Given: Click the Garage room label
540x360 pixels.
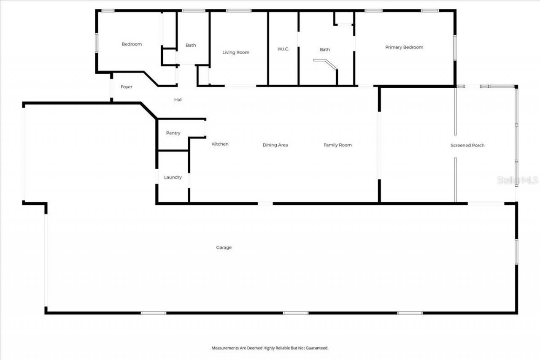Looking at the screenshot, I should point(224,248).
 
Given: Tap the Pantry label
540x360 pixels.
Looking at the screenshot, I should point(173,133).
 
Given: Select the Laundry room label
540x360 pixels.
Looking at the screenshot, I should point(173,177).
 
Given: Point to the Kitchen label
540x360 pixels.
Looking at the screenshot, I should point(220,144).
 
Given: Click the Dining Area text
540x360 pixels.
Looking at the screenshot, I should point(275,145).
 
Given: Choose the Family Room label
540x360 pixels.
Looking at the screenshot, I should point(337,145).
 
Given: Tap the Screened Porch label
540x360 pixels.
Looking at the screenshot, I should point(467,145).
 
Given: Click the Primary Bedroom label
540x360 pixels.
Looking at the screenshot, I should point(404,47).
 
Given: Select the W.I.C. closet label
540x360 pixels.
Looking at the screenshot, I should point(283,49).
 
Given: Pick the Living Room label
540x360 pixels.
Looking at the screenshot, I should point(236,52).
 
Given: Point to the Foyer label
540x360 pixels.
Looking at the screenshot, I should point(127,87).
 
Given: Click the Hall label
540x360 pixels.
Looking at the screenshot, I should point(178,100).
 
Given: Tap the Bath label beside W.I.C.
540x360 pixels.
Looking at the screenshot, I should point(324,49).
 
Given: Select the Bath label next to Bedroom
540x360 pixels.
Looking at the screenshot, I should point(191,45).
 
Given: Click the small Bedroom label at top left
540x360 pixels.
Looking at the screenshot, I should point(132,44).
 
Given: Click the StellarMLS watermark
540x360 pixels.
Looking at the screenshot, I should point(518,180).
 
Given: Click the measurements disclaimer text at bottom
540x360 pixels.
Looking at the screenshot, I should point(270,348).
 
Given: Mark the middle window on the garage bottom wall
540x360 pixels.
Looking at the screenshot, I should point(295,313).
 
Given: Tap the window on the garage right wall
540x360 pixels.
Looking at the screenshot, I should point(516,252).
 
